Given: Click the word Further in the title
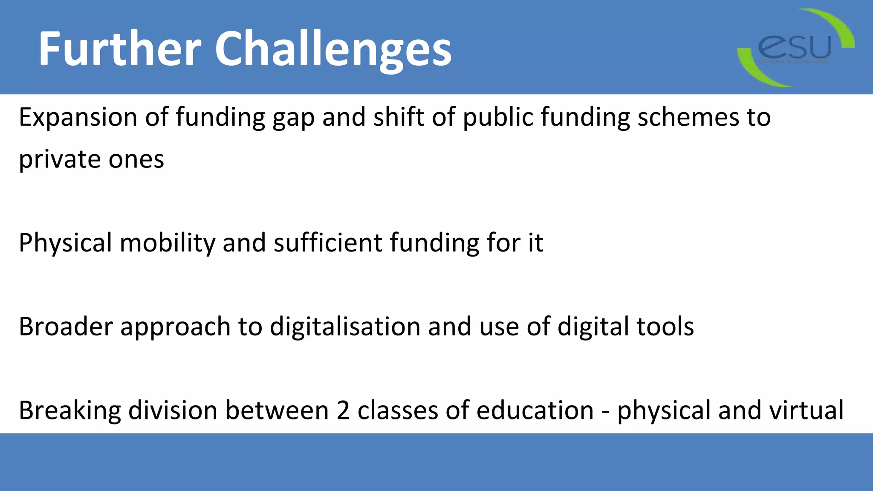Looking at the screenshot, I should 119,49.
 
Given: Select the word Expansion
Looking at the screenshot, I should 78,118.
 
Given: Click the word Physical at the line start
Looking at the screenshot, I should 65,243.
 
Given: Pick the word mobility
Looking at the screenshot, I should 167,243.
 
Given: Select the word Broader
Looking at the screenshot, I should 66,327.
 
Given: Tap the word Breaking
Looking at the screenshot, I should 69,411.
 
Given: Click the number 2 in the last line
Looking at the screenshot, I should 343,411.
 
